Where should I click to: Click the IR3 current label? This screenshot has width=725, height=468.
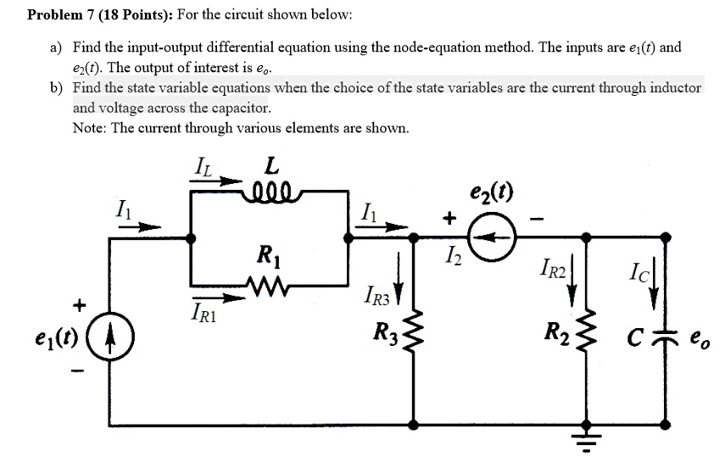(378, 296)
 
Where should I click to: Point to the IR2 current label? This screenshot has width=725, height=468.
(549, 273)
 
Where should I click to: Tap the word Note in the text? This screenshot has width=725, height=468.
(89, 128)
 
